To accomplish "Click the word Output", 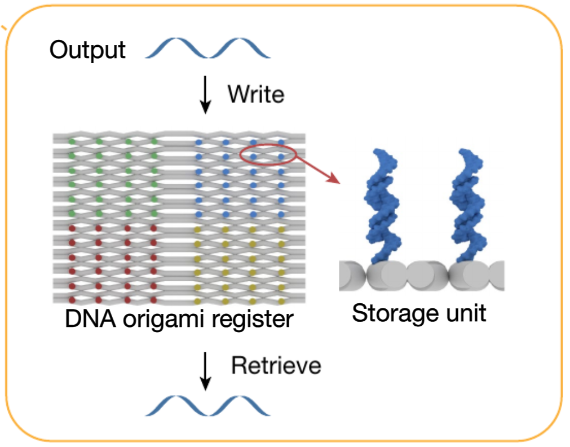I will coord(87,51).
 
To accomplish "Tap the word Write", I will coord(255,94).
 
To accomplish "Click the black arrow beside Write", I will coord(206,95).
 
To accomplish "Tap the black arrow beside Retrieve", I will coord(206,371).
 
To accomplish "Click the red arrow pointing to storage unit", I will coord(319,171).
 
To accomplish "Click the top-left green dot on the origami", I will coord(71,140).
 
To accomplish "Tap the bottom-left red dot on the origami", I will coord(71,299).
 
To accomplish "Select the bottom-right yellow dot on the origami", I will coord(281,299).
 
